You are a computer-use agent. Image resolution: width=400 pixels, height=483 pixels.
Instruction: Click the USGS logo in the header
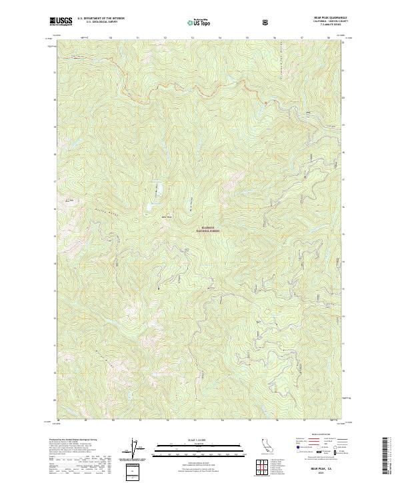61,22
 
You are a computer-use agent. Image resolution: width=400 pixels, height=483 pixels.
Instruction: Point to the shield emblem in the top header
267,22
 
